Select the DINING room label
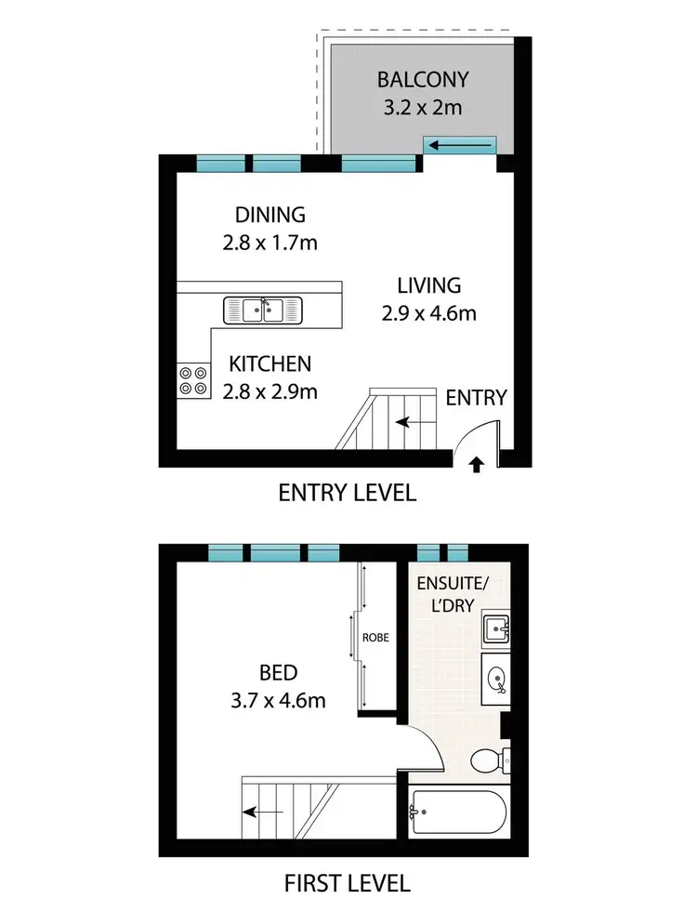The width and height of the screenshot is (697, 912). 270,215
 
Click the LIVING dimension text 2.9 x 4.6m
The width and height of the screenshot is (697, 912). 428,313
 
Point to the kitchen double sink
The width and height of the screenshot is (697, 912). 263,310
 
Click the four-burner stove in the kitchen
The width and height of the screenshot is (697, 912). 194,379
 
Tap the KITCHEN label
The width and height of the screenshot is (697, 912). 270,364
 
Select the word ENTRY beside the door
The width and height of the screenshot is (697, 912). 476,398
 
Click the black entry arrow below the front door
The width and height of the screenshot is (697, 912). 477,464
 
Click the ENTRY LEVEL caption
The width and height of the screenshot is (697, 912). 348,494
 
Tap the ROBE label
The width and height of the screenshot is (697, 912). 375,639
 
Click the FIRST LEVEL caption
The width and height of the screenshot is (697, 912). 348,882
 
